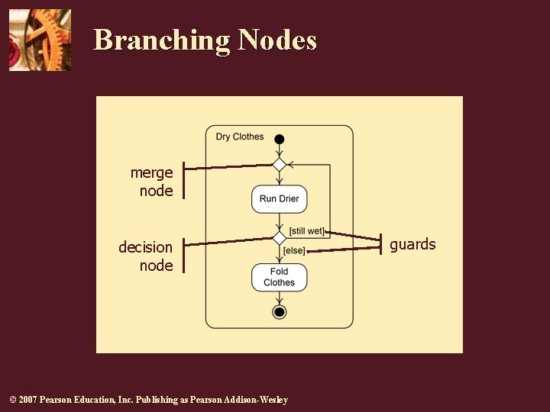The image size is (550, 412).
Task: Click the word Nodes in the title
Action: [277, 40]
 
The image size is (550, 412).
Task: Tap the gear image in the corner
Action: [40, 40]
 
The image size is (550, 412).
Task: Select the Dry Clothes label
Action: [239, 137]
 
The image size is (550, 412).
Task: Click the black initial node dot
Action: [280, 139]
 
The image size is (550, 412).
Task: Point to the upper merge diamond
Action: [280, 165]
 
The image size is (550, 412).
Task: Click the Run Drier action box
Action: [280, 198]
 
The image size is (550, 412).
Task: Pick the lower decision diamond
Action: [280, 238]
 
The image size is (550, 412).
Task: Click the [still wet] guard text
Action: [307, 231]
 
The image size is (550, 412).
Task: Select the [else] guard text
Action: [294, 250]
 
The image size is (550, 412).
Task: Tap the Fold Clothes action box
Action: [280, 277]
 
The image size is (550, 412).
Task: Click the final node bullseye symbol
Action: [280, 312]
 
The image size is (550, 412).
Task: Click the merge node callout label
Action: [153, 182]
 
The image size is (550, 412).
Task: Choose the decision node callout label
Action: [147, 256]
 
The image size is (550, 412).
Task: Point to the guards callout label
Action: [412, 244]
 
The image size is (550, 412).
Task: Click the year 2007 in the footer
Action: [26, 400]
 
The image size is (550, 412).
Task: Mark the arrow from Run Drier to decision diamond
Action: [280, 222]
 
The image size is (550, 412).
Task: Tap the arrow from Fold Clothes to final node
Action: [280, 298]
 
